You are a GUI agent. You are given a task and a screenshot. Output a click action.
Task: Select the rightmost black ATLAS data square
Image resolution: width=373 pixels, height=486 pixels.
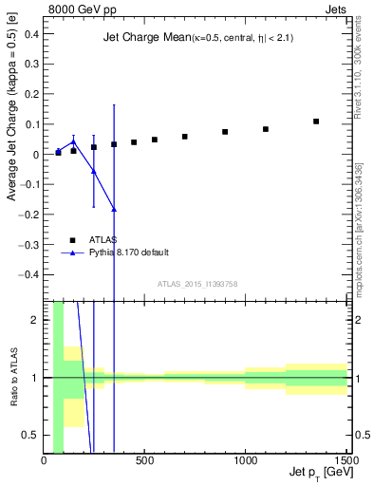pyautogui.click(x=316, y=121)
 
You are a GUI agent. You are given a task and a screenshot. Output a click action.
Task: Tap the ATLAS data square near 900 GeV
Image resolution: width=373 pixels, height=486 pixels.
pyautogui.click(x=225, y=132)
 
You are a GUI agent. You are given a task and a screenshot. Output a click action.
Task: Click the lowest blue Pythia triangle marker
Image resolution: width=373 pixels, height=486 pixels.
pyautogui.click(x=114, y=209)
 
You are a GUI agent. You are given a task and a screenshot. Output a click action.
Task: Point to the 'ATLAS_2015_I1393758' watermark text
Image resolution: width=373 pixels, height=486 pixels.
pyautogui.click(x=196, y=284)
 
